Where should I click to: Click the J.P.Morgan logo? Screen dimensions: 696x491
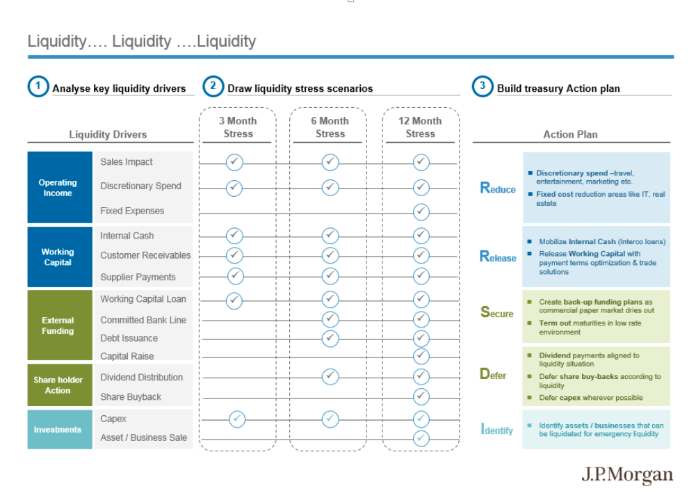tap(626, 475)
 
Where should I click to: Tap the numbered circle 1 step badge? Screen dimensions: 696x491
tap(38, 86)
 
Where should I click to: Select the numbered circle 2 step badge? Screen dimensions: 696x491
tap(213, 86)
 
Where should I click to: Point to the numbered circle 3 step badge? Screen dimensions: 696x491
tap(483, 86)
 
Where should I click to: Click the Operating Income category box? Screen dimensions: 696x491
tap(60, 187)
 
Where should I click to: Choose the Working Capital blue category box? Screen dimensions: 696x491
tap(60, 257)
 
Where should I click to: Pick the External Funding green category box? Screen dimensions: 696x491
tap(60, 325)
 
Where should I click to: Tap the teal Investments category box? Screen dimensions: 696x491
tap(60, 429)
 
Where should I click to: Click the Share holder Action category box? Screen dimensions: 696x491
tap(60, 385)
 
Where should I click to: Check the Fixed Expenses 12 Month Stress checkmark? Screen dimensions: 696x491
tap(421, 211)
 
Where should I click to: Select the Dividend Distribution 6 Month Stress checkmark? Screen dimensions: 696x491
tap(330, 376)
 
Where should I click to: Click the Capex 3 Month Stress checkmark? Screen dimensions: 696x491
tap(237, 419)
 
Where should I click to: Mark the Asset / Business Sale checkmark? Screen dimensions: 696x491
tap(421, 439)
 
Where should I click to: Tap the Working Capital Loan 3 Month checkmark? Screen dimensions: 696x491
tap(234, 300)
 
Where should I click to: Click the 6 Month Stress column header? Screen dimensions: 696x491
tap(330, 127)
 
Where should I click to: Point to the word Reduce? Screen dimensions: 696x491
tap(498, 188)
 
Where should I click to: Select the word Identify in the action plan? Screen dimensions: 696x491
tap(496, 429)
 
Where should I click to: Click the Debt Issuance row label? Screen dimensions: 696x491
tap(129, 338)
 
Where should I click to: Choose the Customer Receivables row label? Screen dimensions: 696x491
tap(145, 255)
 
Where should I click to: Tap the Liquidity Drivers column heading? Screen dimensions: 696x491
tap(108, 134)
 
